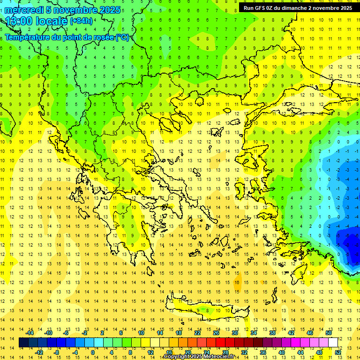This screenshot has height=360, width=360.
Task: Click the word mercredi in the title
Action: (24, 9)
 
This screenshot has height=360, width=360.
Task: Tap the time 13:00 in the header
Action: (18, 21)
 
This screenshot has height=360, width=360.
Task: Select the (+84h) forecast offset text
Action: (81, 21)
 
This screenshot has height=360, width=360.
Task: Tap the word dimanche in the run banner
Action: (293, 8)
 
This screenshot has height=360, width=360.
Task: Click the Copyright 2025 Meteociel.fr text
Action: (199, 357)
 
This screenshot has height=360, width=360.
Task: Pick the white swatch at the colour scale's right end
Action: (333, 343)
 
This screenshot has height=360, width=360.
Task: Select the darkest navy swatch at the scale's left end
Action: (23, 343)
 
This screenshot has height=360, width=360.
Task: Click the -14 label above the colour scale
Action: (30, 333)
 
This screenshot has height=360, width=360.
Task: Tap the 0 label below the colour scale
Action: (93, 352)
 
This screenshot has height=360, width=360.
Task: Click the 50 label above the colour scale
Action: (328, 333)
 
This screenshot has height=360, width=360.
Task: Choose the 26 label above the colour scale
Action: (216, 333)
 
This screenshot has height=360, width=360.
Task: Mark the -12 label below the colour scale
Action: (39, 352)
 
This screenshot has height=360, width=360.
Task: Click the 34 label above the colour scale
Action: (254, 333)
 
